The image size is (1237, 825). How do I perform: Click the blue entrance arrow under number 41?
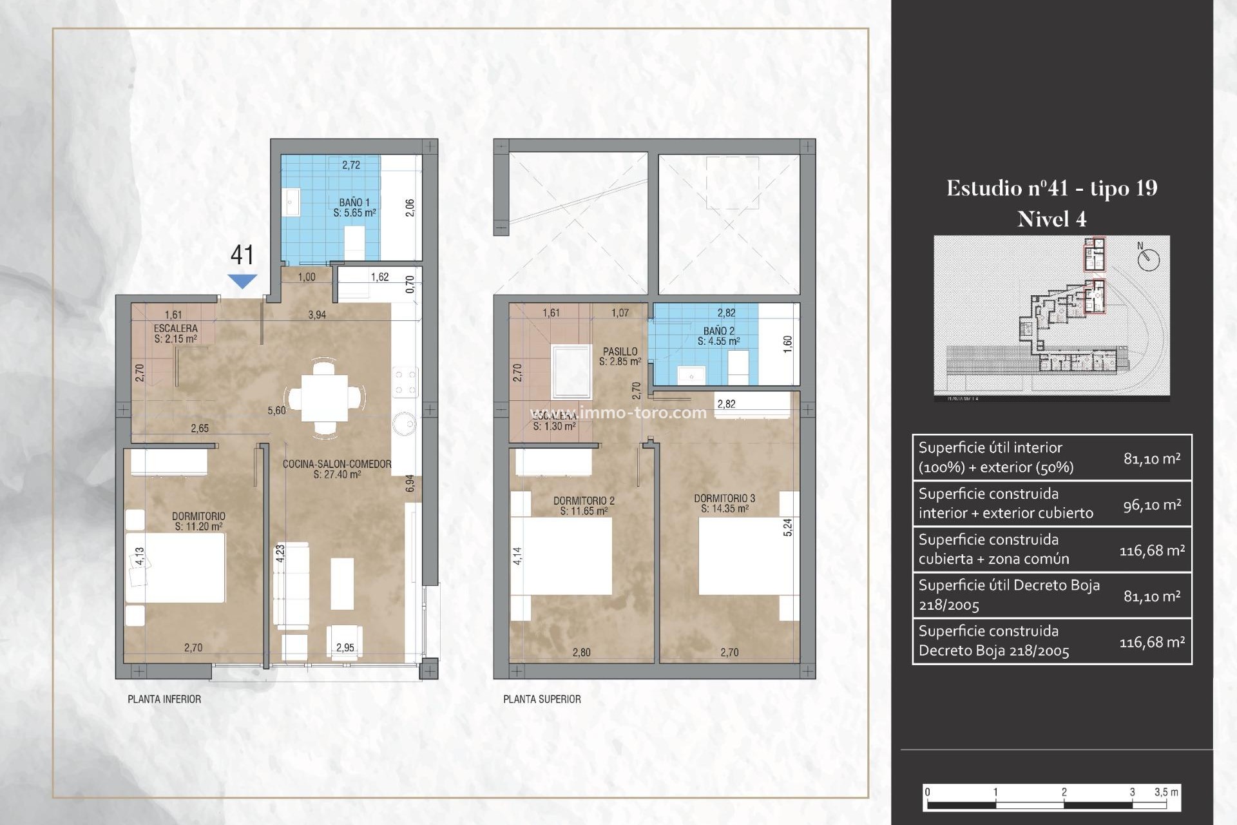(x=242, y=281)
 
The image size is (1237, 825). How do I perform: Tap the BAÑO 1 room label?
(x=354, y=208)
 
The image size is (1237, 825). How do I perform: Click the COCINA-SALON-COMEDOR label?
(x=337, y=469)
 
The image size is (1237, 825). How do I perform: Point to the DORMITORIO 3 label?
(x=725, y=503)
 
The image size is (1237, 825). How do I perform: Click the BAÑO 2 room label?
(x=718, y=336)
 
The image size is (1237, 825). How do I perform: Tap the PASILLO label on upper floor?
(x=620, y=356)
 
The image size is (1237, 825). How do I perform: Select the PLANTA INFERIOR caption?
(x=164, y=699)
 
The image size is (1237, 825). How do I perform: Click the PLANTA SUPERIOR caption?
(x=542, y=699)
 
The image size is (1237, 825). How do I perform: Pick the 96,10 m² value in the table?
(x=1152, y=505)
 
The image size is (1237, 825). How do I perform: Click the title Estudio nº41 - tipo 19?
(x=1051, y=188)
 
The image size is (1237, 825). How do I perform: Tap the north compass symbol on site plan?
(x=1148, y=259)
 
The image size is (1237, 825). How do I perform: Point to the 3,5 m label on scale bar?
(x=1166, y=792)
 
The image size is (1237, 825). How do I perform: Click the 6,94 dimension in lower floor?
(x=410, y=483)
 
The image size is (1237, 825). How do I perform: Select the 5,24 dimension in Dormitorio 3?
(x=787, y=527)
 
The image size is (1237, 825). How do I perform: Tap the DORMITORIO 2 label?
(x=584, y=505)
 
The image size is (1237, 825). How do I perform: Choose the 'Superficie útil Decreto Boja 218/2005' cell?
(x=1009, y=595)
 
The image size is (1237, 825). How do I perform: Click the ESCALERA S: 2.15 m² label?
(x=175, y=333)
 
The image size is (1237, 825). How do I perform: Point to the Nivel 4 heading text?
(x=1051, y=220)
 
